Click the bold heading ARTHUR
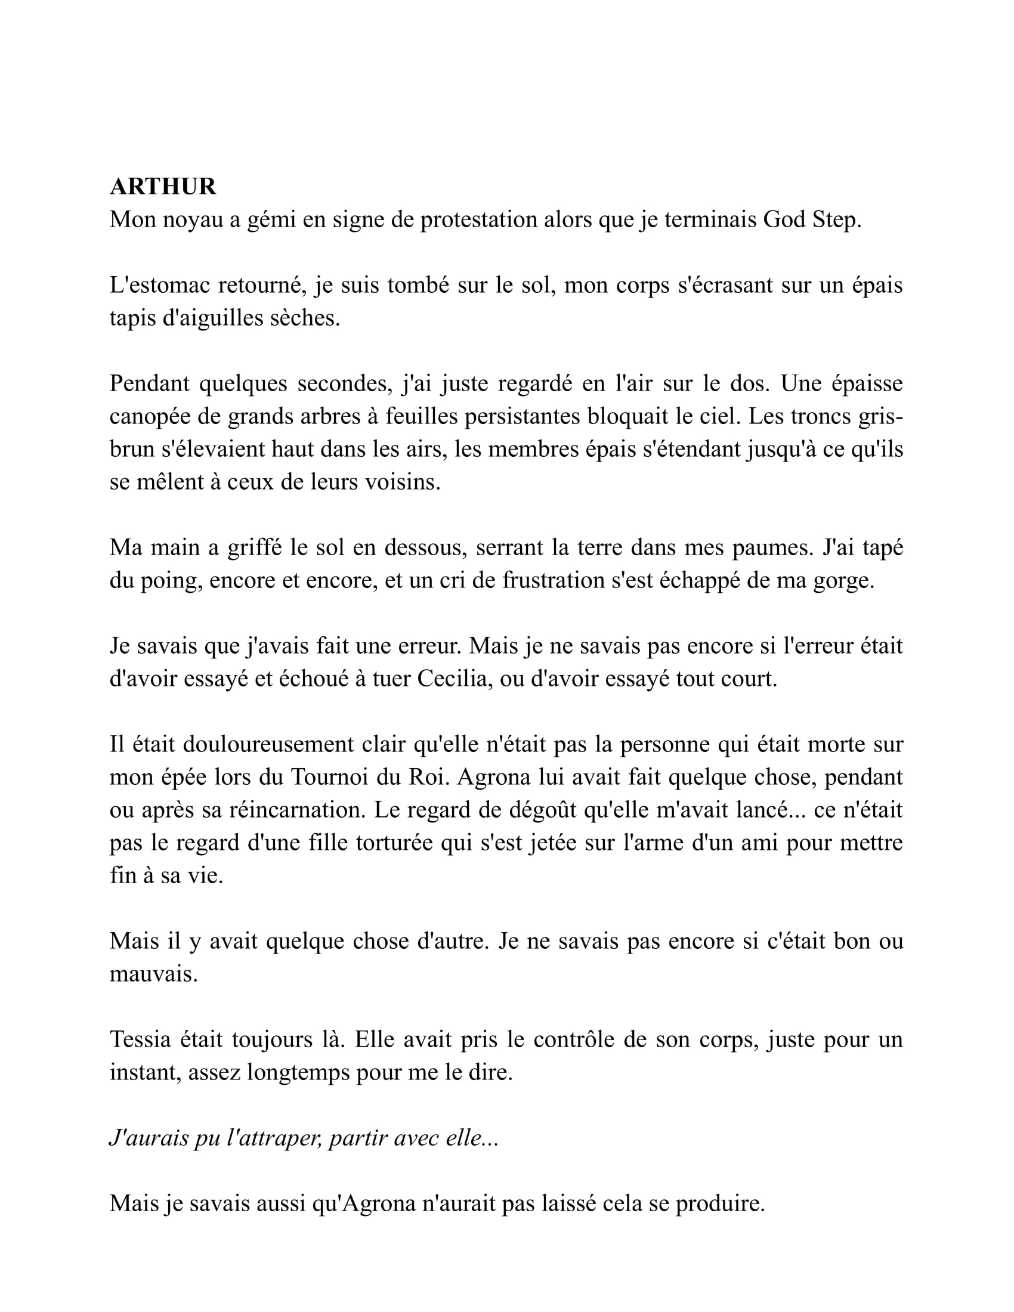click(163, 187)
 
